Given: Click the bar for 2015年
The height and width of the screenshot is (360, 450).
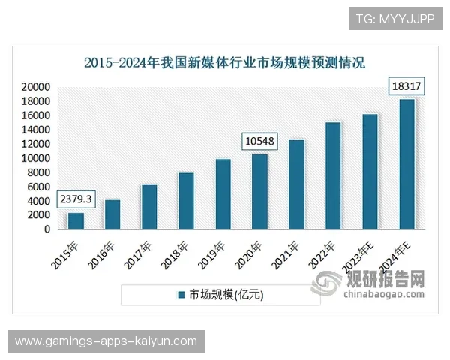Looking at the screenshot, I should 76,221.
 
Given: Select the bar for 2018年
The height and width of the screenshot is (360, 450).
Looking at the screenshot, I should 186,201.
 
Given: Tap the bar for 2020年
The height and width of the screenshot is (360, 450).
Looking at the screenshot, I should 259,192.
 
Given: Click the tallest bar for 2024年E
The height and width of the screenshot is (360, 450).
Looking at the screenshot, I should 406,164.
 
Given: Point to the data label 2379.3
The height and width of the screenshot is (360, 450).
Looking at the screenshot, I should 75,200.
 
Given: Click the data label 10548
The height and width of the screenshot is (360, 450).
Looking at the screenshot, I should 259,141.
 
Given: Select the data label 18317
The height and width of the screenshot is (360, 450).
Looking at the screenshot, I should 406,86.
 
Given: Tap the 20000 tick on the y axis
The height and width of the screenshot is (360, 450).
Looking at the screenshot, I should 36,87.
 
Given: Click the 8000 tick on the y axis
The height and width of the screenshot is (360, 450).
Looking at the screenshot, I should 39,172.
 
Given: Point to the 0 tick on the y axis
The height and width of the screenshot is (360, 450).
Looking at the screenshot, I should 47,229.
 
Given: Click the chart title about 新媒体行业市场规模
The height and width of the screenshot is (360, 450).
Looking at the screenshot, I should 224,62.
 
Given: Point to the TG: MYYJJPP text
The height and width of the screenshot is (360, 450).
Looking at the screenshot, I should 394,17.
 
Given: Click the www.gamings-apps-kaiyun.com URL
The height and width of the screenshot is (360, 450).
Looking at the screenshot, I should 106,341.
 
